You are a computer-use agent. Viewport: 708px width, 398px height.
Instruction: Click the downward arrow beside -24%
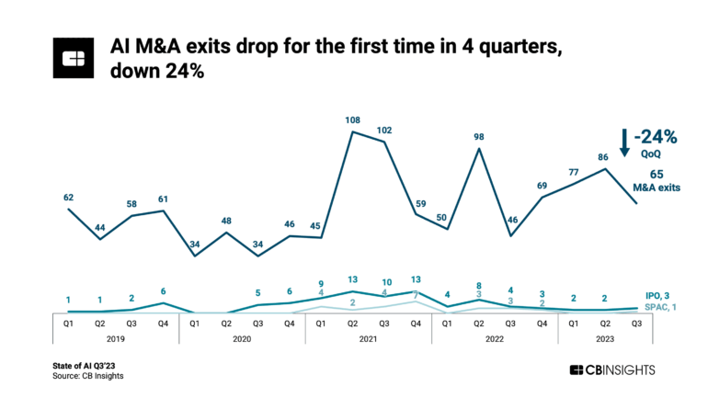click(624, 143)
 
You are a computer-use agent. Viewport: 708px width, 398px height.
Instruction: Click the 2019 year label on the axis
click(115, 338)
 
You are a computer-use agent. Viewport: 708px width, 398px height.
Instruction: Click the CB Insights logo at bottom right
click(612, 370)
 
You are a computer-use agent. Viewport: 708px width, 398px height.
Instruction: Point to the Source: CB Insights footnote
click(88, 376)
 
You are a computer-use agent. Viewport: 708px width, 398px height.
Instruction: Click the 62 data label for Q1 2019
click(70, 197)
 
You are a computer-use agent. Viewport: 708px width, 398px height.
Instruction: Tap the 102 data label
click(385, 130)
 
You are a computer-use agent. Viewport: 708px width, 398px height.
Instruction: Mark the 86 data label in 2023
click(605, 157)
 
